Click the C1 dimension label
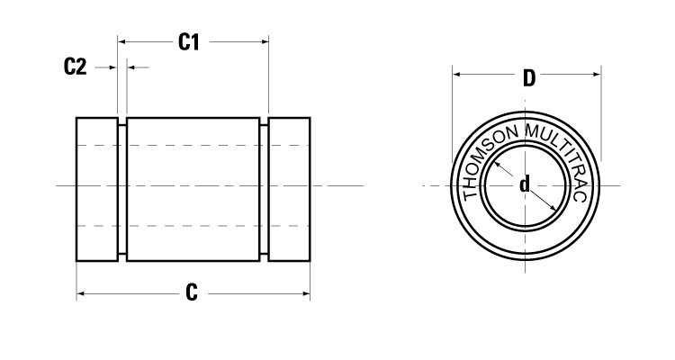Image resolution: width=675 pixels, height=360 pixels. point(188,41)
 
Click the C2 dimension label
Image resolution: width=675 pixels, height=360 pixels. point(76,67)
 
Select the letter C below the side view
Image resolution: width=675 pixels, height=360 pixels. point(191,293)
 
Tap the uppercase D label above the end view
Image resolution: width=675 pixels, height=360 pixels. point(529,77)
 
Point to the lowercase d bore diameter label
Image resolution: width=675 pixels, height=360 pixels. point(524,185)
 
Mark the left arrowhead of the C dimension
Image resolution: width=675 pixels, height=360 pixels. point(81,293)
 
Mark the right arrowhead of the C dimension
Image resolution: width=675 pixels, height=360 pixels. point(306,293)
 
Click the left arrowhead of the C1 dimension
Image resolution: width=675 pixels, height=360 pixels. point(122,41)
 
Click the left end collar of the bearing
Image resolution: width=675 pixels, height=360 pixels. point(97,189)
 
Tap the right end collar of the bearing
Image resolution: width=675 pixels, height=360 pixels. point(290,189)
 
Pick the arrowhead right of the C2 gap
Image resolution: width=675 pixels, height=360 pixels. point(131,67)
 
